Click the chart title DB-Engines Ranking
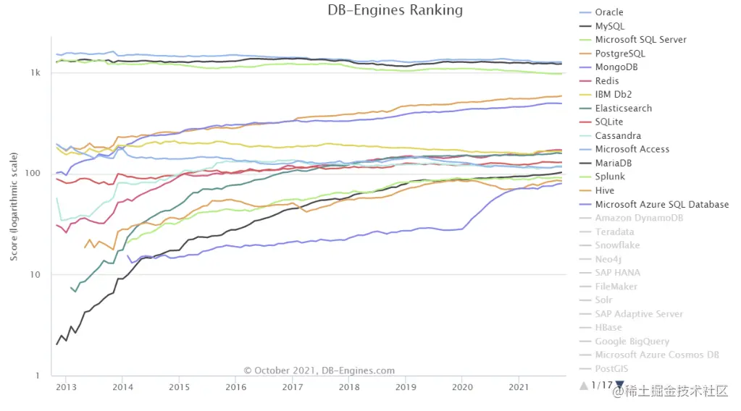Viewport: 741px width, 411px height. (395, 10)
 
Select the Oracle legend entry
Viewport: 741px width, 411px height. (608, 12)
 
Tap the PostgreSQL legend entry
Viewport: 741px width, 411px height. (619, 54)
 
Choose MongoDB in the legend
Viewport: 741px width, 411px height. (616, 67)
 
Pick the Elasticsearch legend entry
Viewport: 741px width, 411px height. (623, 109)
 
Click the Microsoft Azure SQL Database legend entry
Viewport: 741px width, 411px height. (661, 205)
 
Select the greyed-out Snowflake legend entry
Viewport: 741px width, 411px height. (617, 245)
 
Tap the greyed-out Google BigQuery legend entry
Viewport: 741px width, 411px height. (632, 342)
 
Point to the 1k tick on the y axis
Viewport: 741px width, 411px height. (35, 73)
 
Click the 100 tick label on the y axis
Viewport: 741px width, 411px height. (33, 174)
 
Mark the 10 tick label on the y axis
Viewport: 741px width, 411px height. (35, 275)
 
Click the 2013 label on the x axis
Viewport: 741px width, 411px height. (66, 387)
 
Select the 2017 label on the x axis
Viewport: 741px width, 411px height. (292, 387)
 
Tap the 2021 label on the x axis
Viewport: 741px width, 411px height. (518, 387)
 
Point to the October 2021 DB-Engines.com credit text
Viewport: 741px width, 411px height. (319, 370)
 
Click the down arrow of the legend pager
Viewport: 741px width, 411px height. (619, 385)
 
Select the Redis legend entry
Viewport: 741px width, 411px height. (607, 81)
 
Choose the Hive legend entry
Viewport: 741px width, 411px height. (604, 191)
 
